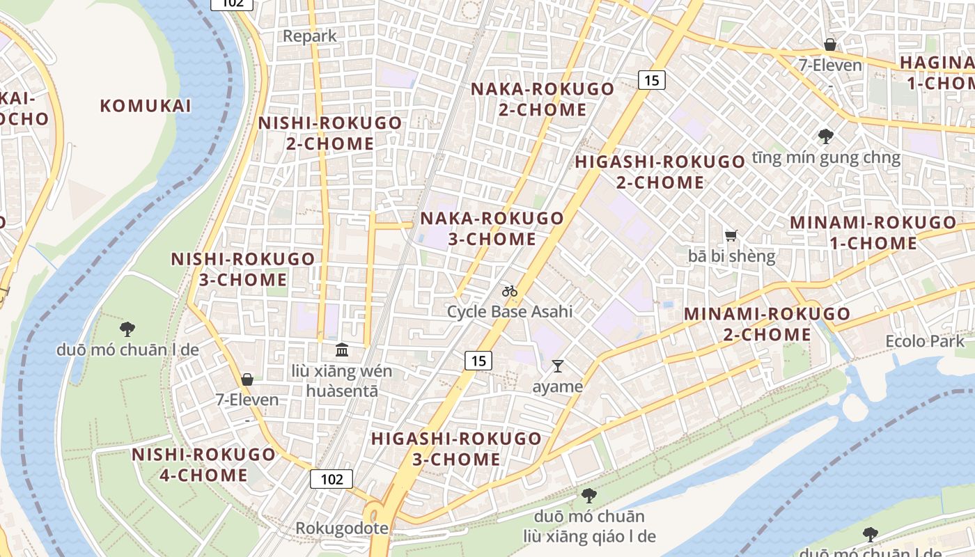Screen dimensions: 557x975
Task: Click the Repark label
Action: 309,36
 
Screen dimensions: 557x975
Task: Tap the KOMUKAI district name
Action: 145,106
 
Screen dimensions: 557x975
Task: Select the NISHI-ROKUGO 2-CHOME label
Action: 330,133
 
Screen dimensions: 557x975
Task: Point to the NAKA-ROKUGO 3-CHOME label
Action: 492,228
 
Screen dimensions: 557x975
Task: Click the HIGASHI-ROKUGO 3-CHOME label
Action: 456,449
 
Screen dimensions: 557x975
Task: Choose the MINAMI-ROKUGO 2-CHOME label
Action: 767,324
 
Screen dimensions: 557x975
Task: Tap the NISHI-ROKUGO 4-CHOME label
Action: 203,465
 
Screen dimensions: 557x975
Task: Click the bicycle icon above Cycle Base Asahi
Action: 510,291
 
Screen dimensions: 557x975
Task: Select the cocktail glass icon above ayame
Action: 557,366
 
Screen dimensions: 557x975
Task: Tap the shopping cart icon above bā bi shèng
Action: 731,236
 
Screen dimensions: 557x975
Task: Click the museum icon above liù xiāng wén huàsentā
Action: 342,350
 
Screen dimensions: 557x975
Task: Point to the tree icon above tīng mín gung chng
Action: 826,136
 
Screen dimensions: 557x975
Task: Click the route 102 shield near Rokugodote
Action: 332,479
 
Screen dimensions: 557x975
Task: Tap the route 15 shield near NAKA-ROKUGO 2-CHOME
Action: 651,80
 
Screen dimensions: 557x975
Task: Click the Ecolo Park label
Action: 925,341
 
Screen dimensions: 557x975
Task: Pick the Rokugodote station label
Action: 342,528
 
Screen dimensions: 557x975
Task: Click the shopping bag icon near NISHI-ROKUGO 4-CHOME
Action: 247,379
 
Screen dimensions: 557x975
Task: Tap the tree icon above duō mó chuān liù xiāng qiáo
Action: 589,496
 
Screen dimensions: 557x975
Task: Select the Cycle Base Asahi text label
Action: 510,311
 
